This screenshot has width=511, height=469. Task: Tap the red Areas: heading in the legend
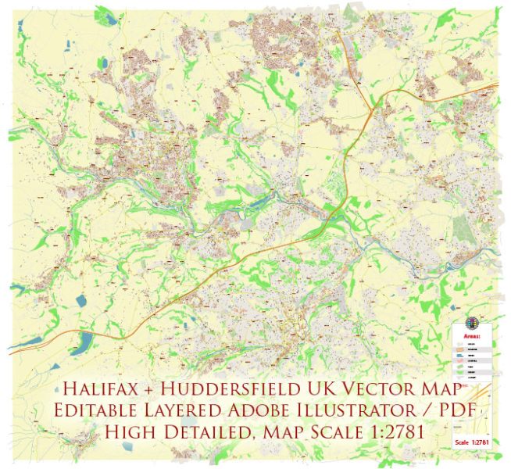(x=473, y=336)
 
